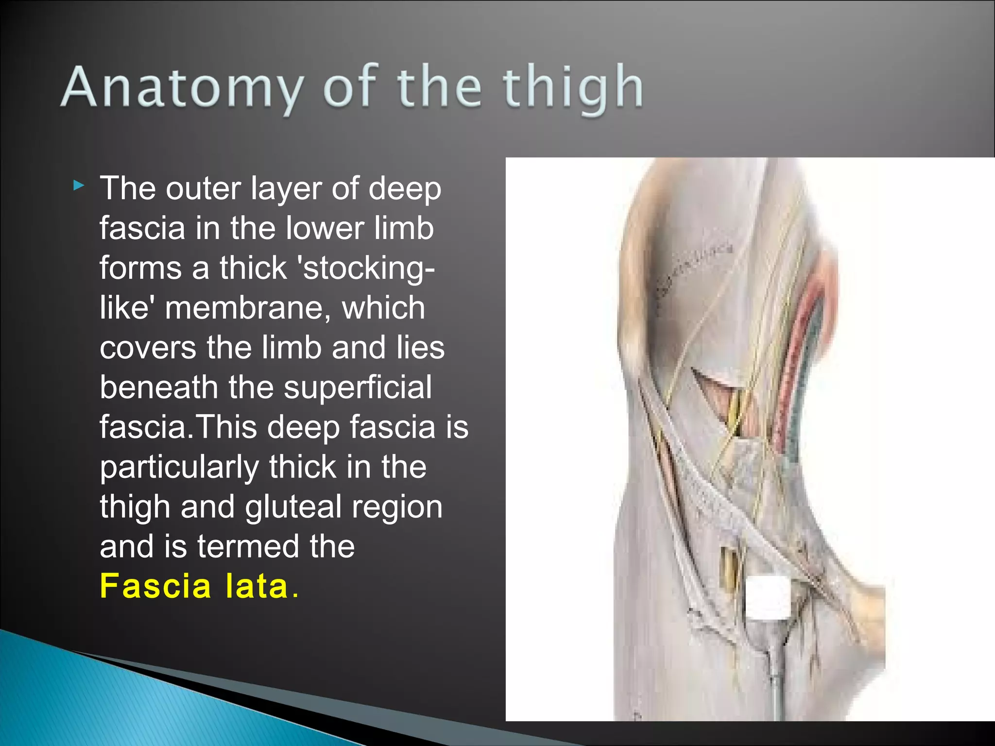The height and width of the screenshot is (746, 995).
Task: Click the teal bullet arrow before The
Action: coord(79,186)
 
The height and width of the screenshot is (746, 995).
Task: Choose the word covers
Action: coord(148,348)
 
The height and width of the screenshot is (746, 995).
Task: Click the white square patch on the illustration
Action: coord(768,597)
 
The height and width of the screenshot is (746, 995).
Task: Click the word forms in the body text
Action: coord(140,269)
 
